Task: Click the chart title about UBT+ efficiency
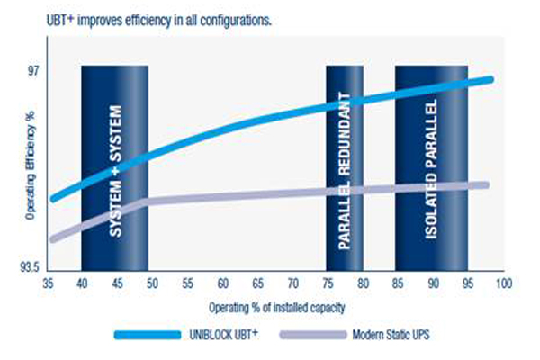[159, 21]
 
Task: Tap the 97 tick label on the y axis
[33, 71]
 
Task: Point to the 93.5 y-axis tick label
[30, 267]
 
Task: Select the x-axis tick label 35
[49, 283]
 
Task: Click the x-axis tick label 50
[152, 283]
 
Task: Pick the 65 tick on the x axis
[258, 283]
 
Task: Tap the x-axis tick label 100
[504, 283]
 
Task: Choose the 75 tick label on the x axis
[328, 283]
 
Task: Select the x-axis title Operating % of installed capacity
[277, 307]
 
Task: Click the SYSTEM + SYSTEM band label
[115, 171]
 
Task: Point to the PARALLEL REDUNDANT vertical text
[344, 170]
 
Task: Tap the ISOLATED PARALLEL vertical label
[431, 169]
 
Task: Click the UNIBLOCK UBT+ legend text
[223, 334]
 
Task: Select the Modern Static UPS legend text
[391, 335]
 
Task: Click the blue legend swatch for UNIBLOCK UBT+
[148, 335]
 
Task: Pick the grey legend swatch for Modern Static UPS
[313, 335]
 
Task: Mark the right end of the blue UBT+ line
[491, 79]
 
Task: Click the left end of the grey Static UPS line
[53, 239]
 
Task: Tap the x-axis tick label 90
[433, 283]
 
